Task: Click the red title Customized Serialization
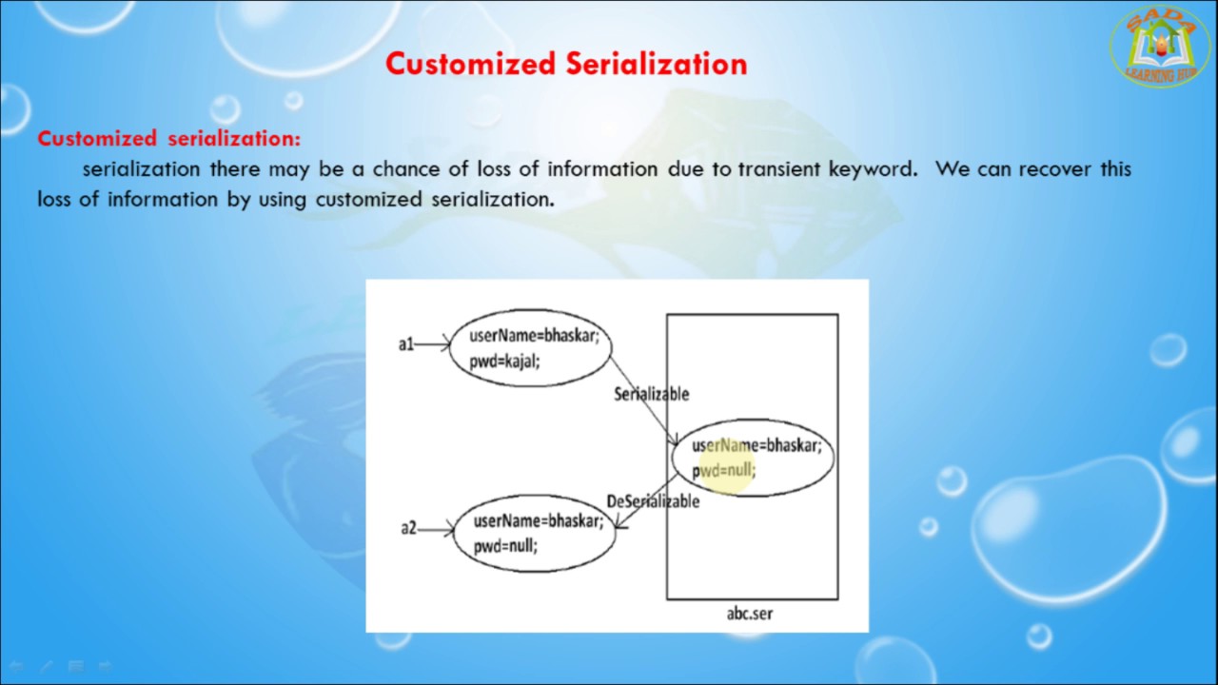click(x=566, y=64)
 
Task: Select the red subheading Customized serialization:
click(x=168, y=139)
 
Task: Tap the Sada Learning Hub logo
click(x=1160, y=47)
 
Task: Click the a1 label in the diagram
click(x=406, y=344)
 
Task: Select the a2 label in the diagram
click(x=408, y=528)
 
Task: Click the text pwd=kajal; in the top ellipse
click(x=504, y=361)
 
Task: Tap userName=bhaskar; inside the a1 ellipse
click(x=534, y=336)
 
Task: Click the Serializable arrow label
click(x=651, y=394)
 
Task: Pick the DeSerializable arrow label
click(x=653, y=501)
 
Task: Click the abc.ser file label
click(x=750, y=614)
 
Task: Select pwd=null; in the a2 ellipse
click(x=505, y=545)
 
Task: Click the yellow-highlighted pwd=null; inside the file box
click(x=724, y=470)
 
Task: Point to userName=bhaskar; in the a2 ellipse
click(x=539, y=520)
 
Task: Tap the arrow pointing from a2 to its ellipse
click(x=436, y=529)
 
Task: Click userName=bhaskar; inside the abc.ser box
click(x=756, y=445)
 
